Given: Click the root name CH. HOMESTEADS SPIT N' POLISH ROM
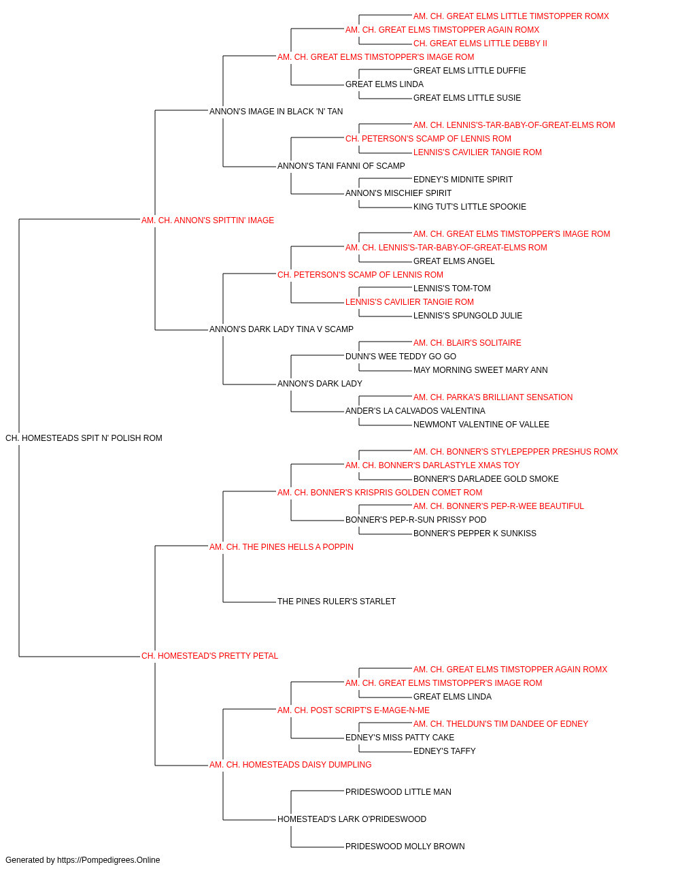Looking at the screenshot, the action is tap(84, 438).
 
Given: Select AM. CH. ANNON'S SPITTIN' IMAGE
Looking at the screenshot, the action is tap(207, 220).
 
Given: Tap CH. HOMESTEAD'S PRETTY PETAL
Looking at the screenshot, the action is tap(209, 656).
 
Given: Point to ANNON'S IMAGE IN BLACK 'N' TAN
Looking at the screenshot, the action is tap(276, 112).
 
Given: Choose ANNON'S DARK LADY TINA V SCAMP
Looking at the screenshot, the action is tap(281, 329).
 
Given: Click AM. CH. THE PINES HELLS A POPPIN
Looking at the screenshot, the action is tap(281, 547).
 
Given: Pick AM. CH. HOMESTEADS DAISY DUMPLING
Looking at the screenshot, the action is tap(290, 765).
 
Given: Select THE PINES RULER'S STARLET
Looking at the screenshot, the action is tap(337, 602).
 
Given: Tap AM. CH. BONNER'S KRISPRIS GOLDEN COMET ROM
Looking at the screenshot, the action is tap(379, 493).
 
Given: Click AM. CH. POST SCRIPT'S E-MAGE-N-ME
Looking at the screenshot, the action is tap(353, 710).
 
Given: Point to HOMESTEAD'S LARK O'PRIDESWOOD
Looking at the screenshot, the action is tap(352, 819).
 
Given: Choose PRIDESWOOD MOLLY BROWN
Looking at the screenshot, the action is tap(405, 847).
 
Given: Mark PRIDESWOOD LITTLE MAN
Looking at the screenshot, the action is tap(398, 792).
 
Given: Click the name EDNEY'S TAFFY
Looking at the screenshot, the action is tap(444, 751).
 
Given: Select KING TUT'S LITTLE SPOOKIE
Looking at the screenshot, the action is tap(469, 207).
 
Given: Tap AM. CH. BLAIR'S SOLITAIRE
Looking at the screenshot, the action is tap(467, 343).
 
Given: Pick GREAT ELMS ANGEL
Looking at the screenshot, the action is tap(454, 261).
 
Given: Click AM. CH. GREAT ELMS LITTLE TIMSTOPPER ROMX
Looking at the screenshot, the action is tap(511, 16).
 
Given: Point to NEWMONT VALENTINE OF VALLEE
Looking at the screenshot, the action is tap(481, 425).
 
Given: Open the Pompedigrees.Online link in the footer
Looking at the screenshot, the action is tap(109, 860).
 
